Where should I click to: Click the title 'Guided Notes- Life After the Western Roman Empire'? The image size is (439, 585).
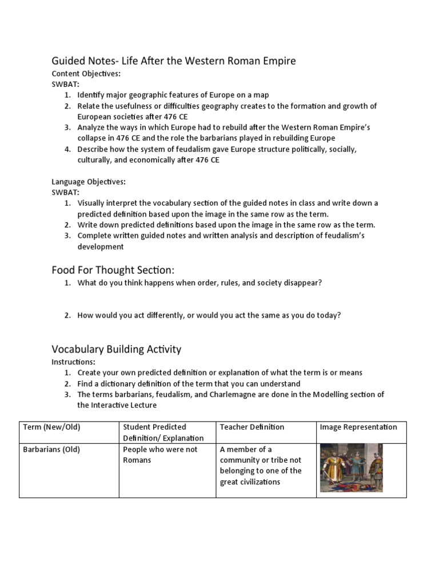(174, 61)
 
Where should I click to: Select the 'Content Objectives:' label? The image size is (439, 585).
(86, 74)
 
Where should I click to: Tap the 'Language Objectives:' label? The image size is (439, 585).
(89, 182)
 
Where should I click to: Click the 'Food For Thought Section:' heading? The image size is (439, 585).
(113, 270)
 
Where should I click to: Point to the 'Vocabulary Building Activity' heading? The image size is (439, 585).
(117, 348)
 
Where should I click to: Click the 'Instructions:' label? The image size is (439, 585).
(74, 362)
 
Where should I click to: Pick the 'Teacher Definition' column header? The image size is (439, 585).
(252, 427)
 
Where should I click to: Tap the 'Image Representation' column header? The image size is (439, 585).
(358, 427)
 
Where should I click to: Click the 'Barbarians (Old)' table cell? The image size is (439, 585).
(51, 450)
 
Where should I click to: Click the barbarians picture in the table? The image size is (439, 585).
(351, 468)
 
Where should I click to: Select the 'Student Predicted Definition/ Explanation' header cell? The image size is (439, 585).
(163, 432)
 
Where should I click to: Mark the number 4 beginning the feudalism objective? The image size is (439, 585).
(67, 149)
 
